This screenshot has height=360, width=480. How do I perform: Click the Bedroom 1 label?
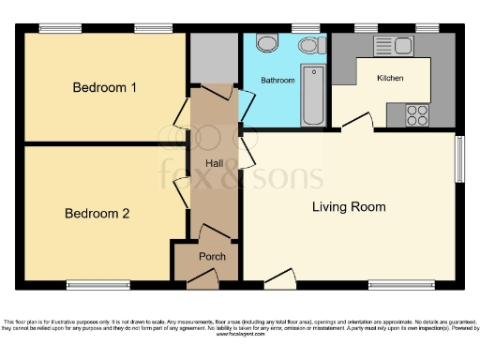105,88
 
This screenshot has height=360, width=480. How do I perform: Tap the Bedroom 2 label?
97,214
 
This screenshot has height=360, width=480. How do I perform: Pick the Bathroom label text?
277,81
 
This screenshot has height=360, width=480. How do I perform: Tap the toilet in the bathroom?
265,43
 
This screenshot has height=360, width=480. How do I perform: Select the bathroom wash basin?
307,45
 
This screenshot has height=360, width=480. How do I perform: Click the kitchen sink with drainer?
394,46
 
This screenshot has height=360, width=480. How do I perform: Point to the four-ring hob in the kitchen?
415,115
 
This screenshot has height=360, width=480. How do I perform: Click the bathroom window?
302,28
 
